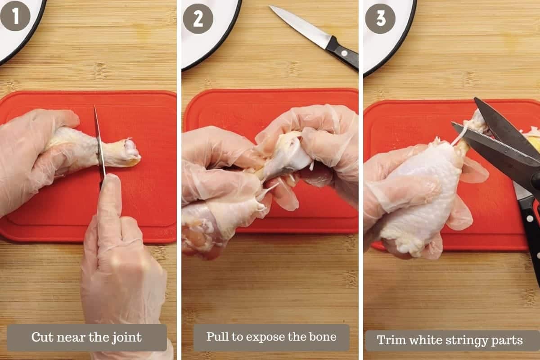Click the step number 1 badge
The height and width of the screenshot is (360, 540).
[15, 16]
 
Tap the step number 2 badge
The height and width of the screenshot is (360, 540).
[198, 18]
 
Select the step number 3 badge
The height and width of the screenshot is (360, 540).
[380, 18]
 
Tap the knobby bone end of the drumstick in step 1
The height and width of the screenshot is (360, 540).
[131, 152]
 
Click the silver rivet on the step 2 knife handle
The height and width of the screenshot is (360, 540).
[344, 53]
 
